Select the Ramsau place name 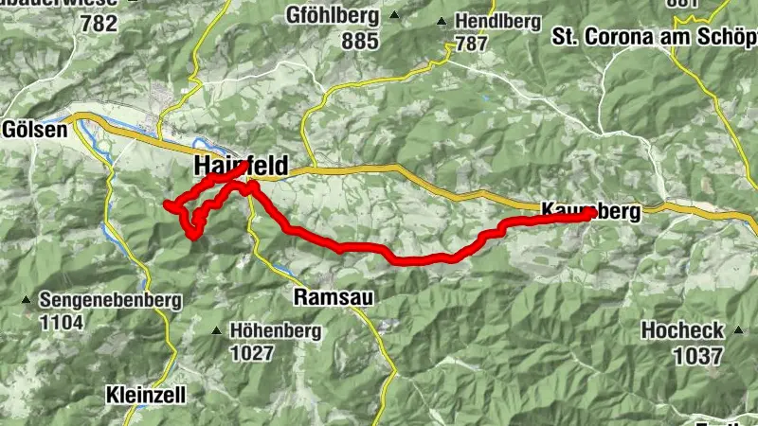pos(334,297)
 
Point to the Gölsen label pos(35,130)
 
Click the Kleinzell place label pos(146,393)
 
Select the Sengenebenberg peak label pos(110,301)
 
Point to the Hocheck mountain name pos(682,331)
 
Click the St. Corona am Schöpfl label pos(655,38)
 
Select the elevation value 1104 pos(62,324)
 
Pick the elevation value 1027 pos(251,354)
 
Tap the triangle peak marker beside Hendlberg pos(442,20)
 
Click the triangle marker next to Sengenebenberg pos(27,301)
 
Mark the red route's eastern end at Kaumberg pos(590,213)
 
